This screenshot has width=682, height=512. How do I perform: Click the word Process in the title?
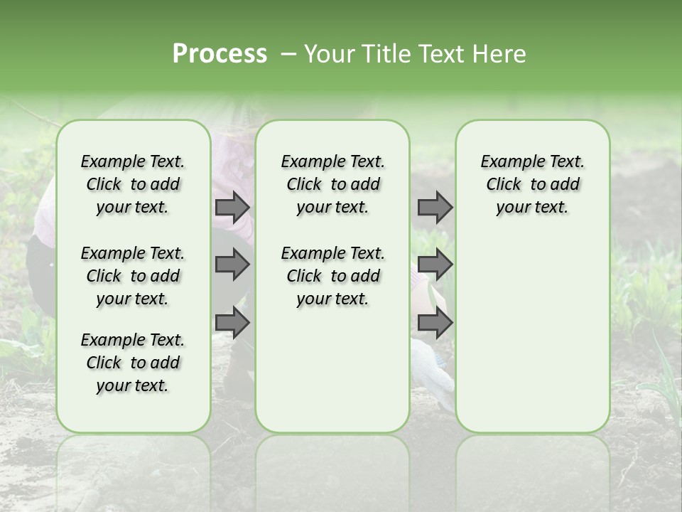click(x=220, y=54)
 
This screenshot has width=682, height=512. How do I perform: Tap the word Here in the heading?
click(x=497, y=54)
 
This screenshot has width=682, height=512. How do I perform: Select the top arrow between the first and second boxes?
click(x=232, y=208)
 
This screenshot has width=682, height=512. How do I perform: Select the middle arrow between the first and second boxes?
click(x=232, y=265)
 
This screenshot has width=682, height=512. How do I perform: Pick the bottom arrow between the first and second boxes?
click(x=232, y=323)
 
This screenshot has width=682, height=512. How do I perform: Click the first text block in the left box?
click(x=133, y=184)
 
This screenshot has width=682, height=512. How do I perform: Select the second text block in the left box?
click(x=133, y=276)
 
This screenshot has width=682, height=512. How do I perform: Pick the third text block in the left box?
click(x=133, y=363)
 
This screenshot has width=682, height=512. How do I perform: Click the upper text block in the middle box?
click(x=332, y=184)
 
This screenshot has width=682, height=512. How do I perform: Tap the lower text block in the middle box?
click(x=332, y=276)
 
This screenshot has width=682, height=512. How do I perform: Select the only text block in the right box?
click(x=532, y=184)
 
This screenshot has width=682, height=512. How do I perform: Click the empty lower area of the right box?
click(x=532, y=334)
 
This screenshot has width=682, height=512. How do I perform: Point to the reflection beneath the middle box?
click(x=332, y=469)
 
